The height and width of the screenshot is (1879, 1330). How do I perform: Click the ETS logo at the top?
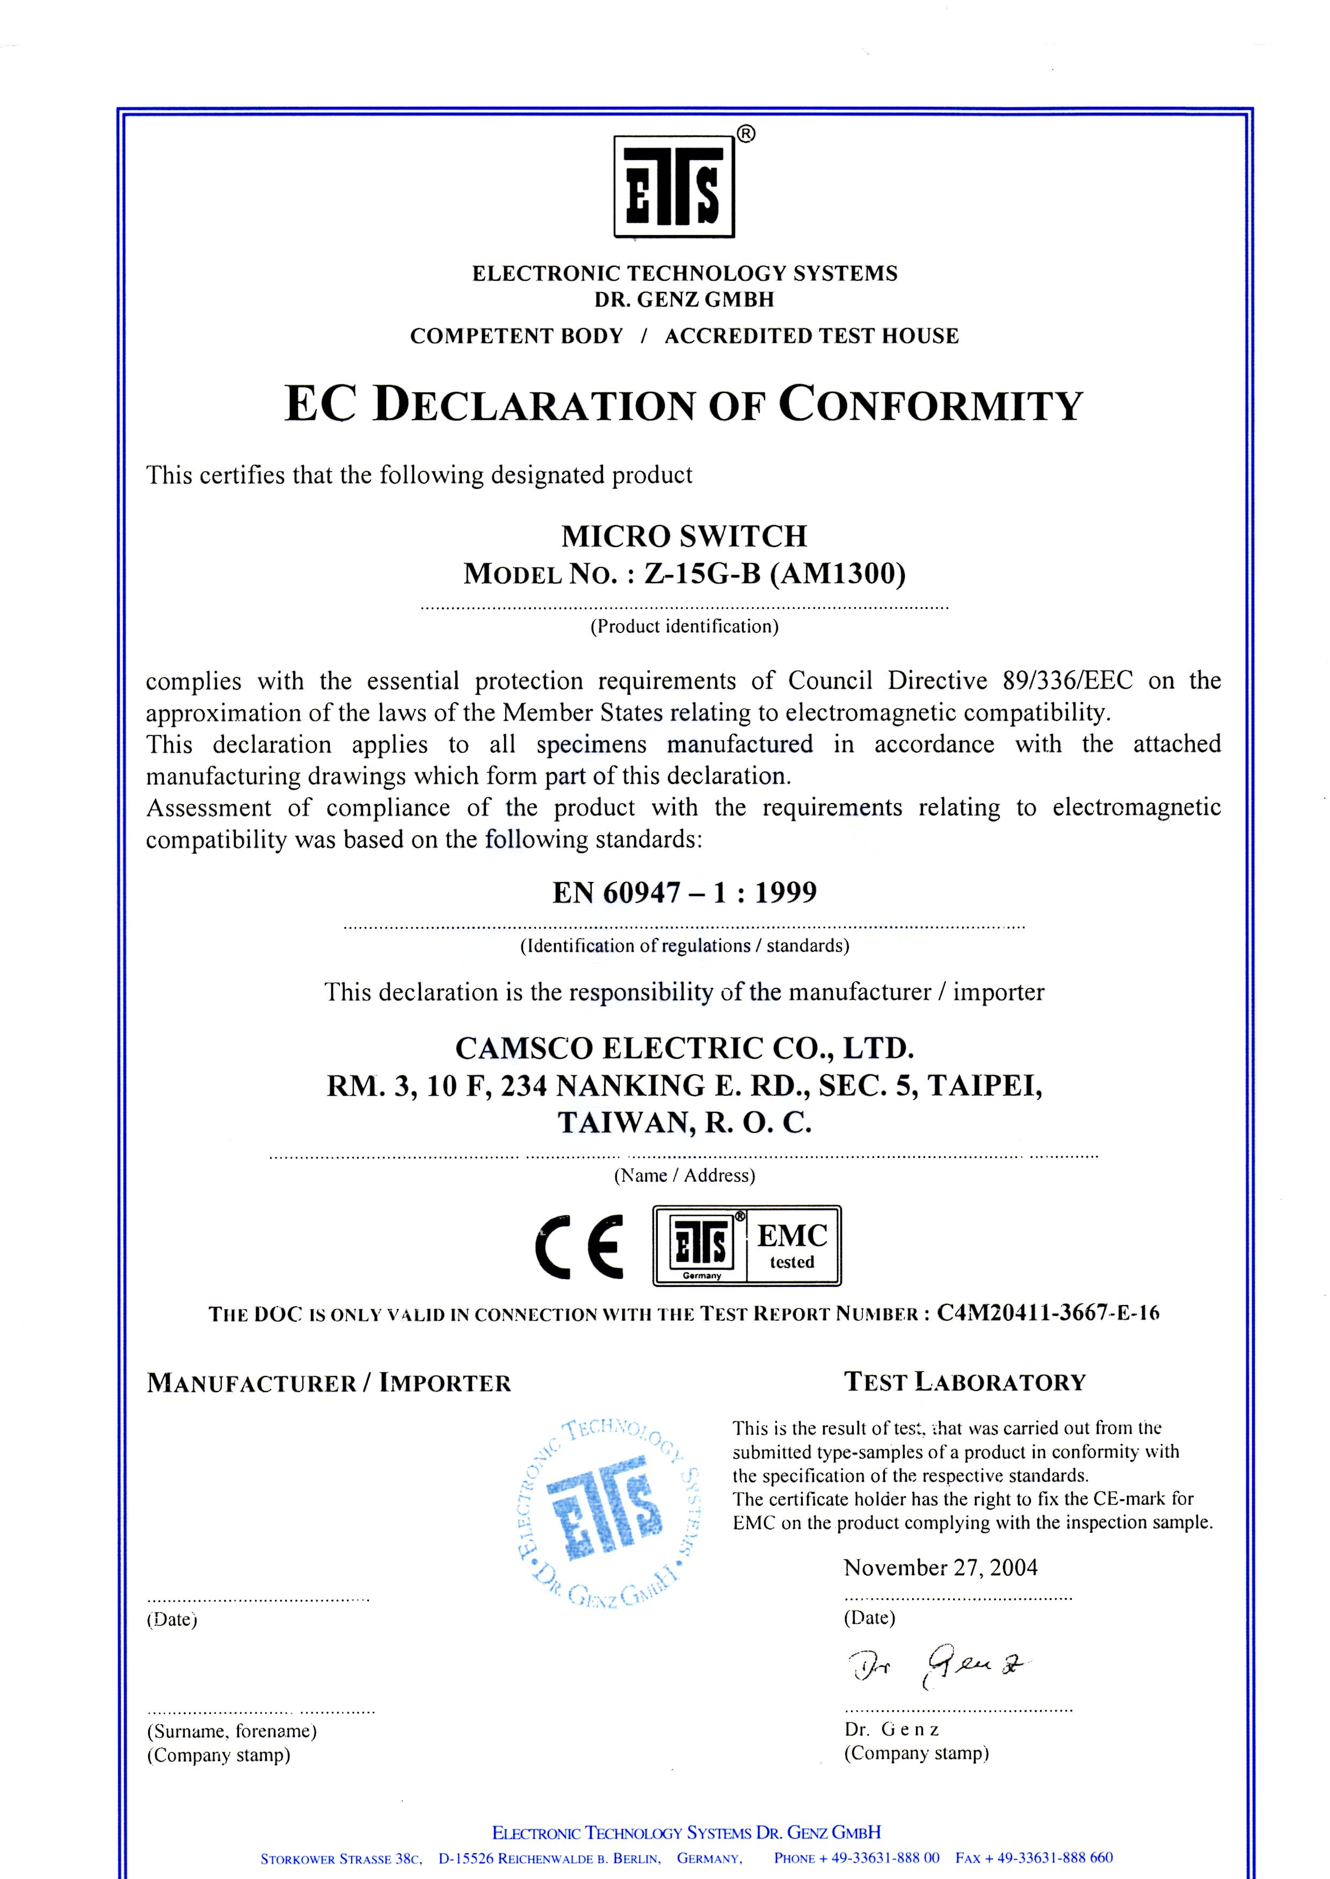(674, 187)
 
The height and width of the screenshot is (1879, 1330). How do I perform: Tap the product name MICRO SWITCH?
(684, 536)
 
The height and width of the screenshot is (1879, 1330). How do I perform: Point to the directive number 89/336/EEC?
(1068, 681)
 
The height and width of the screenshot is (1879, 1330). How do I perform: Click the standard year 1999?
(786, 892)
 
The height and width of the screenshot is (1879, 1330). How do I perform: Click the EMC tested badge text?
(792, 1246)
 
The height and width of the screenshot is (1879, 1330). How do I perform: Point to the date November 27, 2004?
(940, 1568)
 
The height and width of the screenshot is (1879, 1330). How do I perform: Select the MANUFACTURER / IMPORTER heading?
(329, 1383)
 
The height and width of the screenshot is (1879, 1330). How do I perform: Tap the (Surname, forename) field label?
(232, 1731)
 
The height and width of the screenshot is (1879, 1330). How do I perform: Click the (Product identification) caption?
(684, 627)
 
